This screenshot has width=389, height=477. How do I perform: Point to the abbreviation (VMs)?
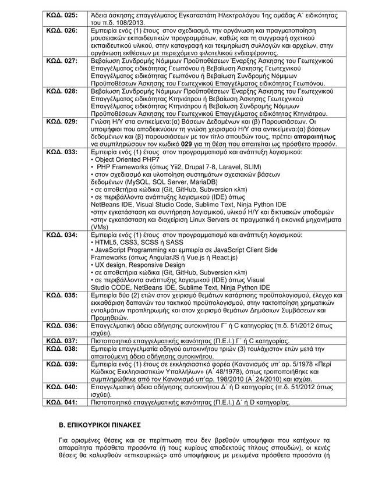pyautogui.click(x=100, y=227)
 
